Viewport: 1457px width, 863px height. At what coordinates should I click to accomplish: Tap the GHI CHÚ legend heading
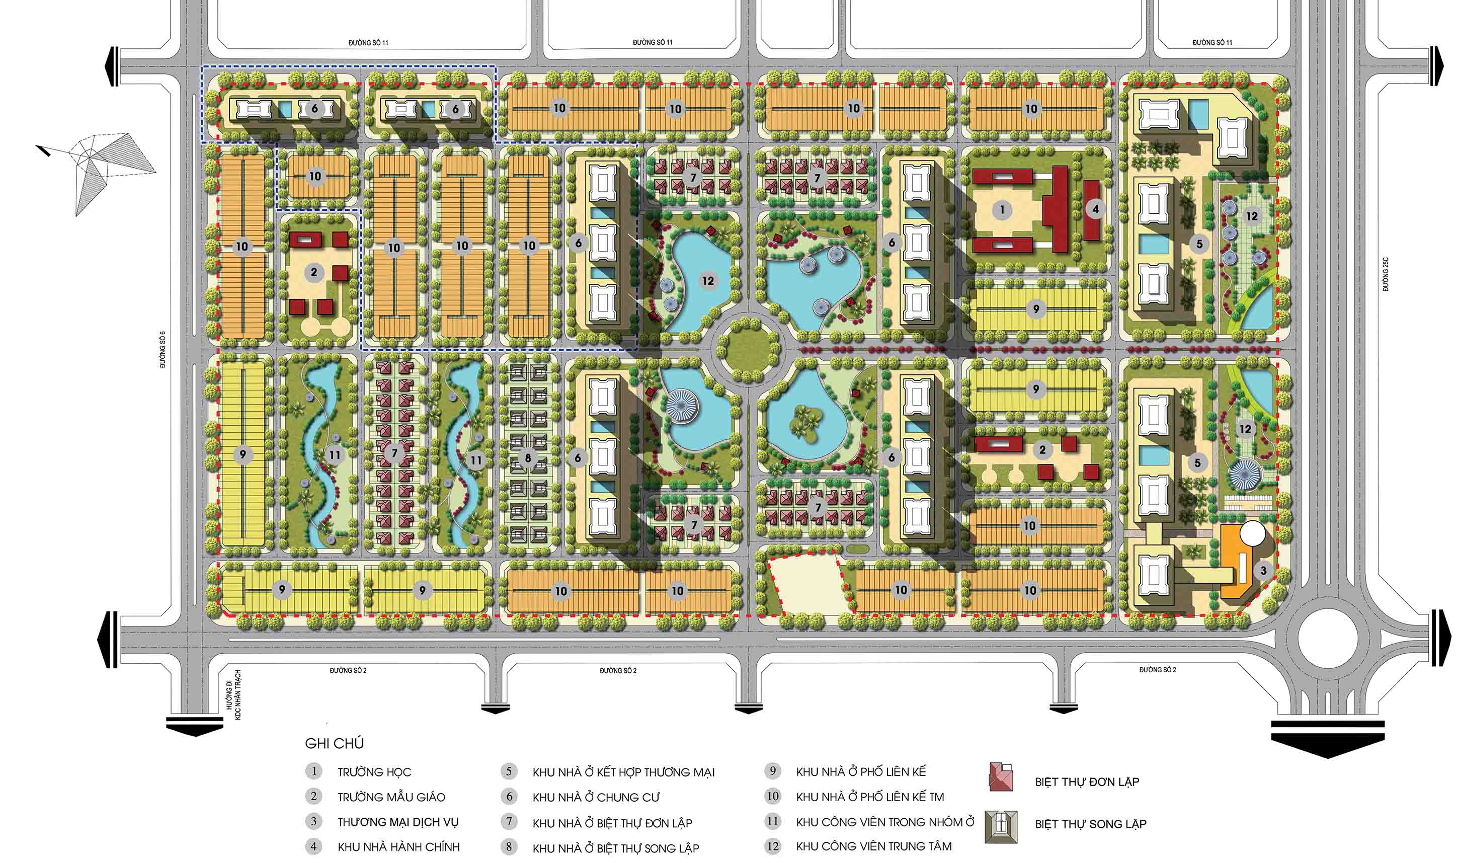(x=334, y=743)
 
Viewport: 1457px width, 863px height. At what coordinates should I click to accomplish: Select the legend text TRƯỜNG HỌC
(x=374, y=772)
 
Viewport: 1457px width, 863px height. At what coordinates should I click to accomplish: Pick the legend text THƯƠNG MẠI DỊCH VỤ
(x=398, y=822)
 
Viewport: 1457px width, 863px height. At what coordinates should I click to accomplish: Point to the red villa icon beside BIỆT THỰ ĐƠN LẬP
(x=1001, y=776)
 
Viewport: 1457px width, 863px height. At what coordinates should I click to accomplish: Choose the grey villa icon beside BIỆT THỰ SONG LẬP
(x=1001, y=826)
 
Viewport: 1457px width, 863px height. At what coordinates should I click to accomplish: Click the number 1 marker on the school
(x=1002, y=209)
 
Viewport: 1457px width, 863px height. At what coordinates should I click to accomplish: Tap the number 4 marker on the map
(x=1095, y=209)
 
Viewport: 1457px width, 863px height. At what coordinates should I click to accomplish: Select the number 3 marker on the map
(x=1263, y=571)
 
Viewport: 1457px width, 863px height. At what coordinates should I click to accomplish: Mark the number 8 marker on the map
(x=527, y=458)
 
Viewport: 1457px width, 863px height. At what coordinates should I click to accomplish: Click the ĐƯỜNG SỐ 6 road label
(x=164, y=350)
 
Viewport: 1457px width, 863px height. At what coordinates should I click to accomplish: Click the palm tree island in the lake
(x=806, y=422)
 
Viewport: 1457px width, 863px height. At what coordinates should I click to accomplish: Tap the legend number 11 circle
(x=772, y=821)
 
